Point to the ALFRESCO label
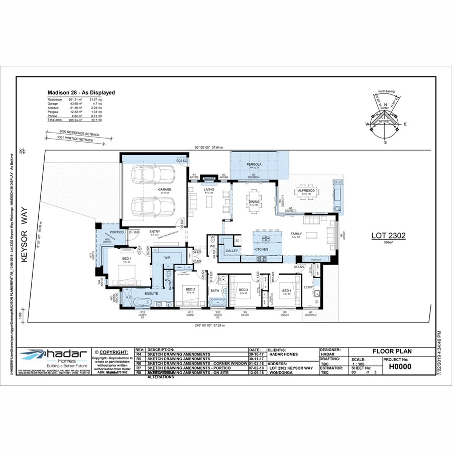pos(306,191)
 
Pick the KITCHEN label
pos(261,249)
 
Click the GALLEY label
pos(232,251)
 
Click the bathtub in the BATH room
pos(217,303)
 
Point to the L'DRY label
pos(308,287)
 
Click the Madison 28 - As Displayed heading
pos(81,92)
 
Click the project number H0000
pos(400,367)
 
